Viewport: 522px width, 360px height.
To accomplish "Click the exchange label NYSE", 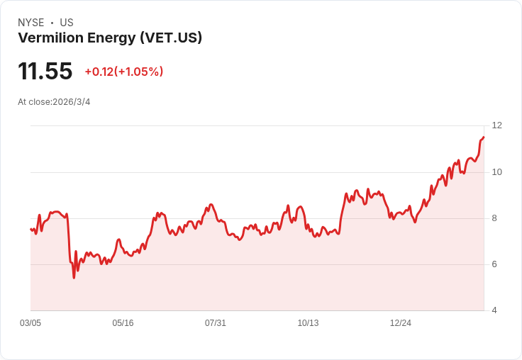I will click(x=30, y=23).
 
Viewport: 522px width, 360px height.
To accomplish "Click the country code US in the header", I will click(x=67, y=23).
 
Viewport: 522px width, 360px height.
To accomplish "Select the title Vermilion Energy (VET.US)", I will click(x=110, y=38).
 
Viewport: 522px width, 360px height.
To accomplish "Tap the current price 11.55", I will click(x=45, y=72).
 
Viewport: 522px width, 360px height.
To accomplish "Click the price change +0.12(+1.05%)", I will click(x=124, y=72).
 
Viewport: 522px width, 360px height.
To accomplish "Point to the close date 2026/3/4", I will click(x=72, y=102).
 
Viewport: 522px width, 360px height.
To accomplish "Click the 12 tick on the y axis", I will click(x=496, y=125).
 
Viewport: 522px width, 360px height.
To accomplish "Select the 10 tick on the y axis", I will click(x=496, y=172).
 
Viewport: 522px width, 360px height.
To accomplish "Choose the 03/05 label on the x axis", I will click(x=30, y=323).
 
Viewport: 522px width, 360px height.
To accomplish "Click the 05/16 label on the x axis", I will click(x=123, y=323).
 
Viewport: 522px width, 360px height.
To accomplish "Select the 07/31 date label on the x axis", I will click(x=216, y=323).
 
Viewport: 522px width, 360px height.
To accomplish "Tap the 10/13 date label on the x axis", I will click(x=308, y=323).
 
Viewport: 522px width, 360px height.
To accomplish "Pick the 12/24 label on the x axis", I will click(x=401, y=323).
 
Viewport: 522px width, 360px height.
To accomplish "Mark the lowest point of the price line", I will click(x=74, y=277).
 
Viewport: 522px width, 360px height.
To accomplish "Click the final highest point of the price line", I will click(x=484, y=137).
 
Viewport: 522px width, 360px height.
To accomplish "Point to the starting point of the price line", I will click(x=30, y=229).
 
